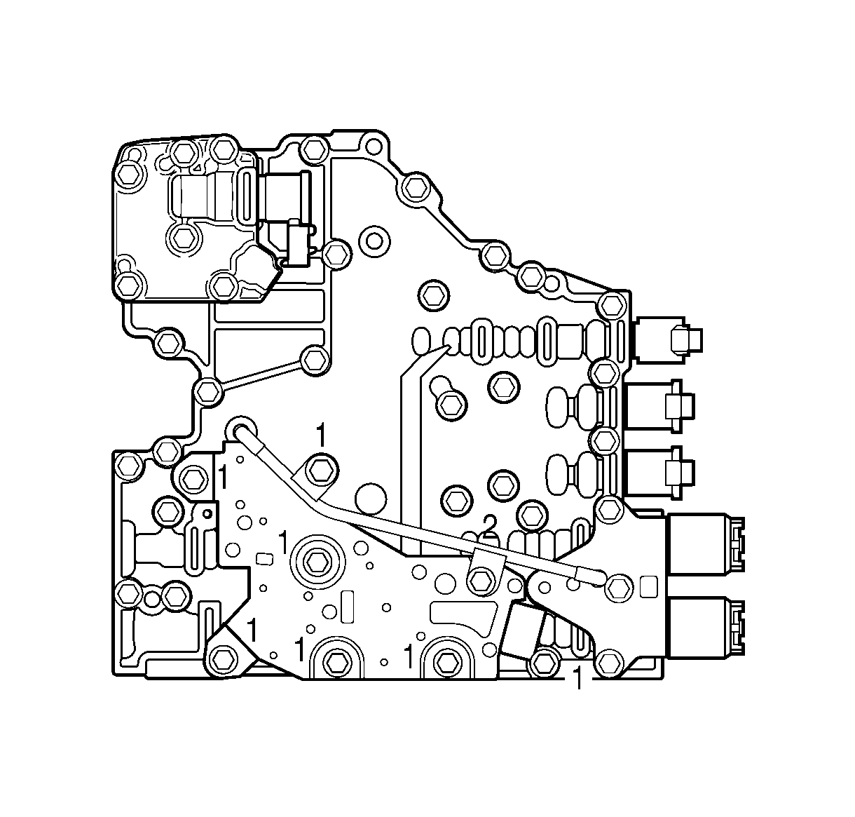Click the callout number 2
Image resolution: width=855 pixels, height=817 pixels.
point(489,522)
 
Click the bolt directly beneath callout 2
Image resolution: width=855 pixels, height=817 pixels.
point(480,579)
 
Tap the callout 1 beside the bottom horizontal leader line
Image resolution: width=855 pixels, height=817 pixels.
point(577,679)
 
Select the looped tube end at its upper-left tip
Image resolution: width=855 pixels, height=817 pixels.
point(242,429)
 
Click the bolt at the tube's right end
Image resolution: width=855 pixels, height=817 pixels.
point(617,586)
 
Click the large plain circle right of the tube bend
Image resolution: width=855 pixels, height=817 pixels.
point(371,499)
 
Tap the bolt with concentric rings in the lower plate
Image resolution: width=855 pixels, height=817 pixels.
point(320,560)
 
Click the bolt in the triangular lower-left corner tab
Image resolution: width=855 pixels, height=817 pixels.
point(222,658)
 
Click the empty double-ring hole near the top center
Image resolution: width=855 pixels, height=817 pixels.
point(375,241)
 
